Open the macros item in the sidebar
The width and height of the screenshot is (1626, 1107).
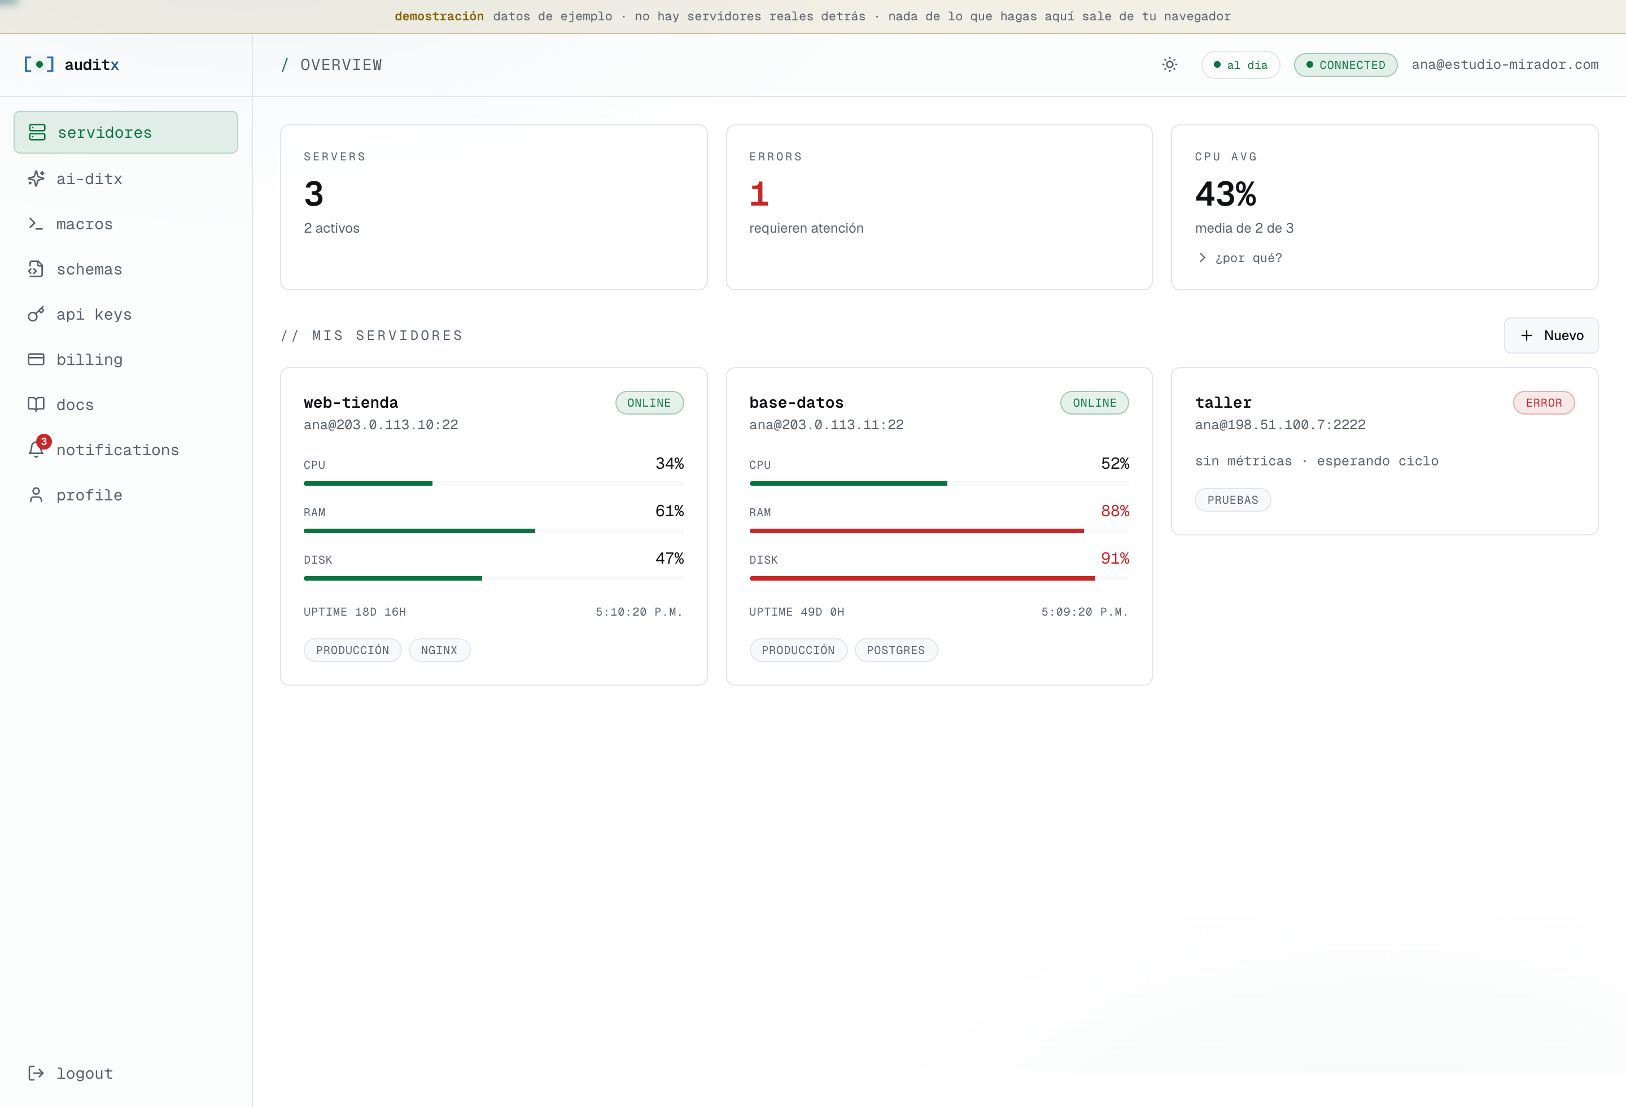(70, 224)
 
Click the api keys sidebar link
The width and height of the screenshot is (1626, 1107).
(79, 314)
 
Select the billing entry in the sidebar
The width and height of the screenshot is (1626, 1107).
(75, 360)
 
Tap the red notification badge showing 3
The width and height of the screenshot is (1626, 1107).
(43, 442)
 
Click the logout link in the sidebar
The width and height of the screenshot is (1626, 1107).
(70, 1074)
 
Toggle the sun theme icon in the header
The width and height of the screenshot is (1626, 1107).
(1170, 64)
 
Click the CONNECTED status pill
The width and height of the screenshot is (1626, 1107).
(1345, 65)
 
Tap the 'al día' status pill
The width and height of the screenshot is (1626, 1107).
(1240, 65)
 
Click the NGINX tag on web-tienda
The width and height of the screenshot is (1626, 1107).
(439, 650)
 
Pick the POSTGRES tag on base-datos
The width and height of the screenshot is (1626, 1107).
(896, 650)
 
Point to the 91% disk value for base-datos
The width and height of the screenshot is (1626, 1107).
(1115, 559)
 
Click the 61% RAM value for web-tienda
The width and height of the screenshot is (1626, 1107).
(670, 511)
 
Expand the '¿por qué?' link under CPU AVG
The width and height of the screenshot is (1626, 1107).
(1240, 258)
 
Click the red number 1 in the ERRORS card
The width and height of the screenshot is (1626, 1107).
(759, 194)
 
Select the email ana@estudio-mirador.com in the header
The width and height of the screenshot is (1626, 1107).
(1505, 64)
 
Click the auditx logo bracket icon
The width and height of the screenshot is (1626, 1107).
(39, 64)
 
